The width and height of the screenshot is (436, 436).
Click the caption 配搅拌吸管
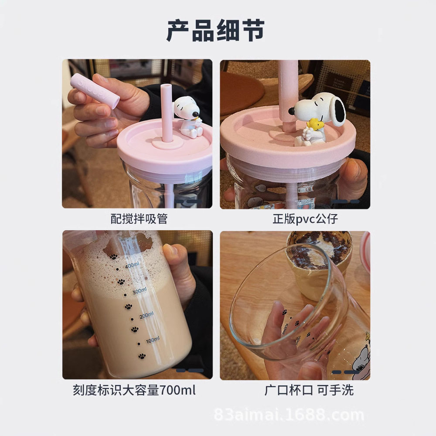(139, 219)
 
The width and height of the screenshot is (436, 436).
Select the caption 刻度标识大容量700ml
(134, 390)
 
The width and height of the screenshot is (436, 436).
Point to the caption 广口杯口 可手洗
(309, 390)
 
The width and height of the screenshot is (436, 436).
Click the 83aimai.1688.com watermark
(289, 415)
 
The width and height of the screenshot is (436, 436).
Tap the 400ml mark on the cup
(133, 266)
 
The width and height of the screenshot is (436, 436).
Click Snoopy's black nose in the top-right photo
(291, 111)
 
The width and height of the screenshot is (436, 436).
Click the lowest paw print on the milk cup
(142, 356)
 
